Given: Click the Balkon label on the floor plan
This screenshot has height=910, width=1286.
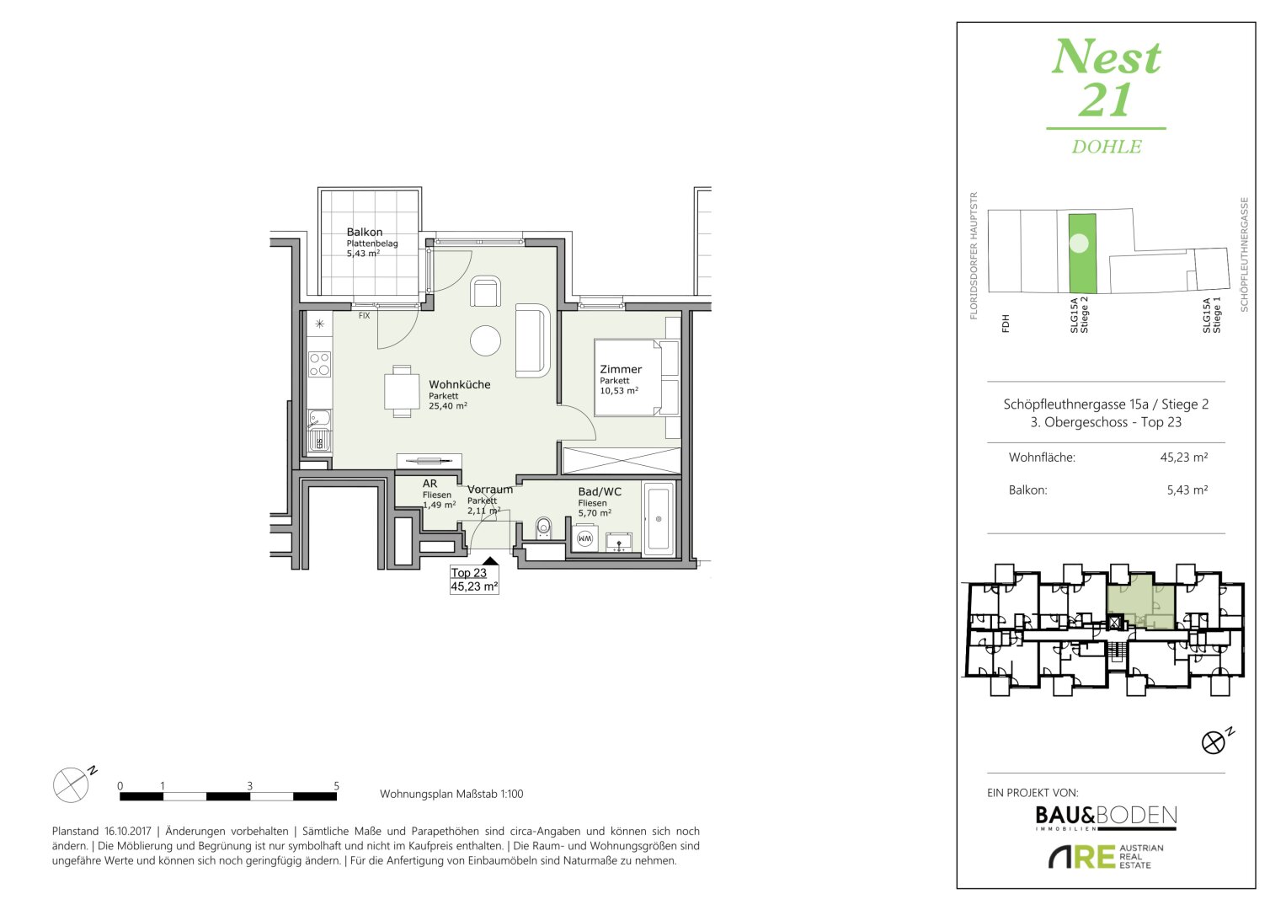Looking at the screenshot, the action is (364, 232).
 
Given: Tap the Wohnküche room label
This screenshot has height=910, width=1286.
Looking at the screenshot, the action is (459, 384).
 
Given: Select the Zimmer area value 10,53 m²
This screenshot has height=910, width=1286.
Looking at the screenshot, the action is (619, 391).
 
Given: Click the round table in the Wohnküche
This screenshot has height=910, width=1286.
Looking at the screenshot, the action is (485, 340).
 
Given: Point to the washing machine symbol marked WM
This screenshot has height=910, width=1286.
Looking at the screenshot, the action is (584, 538).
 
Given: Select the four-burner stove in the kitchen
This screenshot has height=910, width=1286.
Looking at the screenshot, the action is (320, 364).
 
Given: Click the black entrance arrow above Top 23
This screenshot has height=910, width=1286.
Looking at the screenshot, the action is (489, 560).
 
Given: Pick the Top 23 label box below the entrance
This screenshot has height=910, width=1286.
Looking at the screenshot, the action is (474, 580).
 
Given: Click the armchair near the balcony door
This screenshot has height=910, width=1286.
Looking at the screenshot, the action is (485, 292).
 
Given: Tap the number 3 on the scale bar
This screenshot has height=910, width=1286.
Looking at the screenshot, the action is (250, 785).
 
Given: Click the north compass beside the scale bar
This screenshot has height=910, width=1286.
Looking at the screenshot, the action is (71, 784).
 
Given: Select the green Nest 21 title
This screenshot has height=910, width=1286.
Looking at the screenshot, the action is (1106, 78).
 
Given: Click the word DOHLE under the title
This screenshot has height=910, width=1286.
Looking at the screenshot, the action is (1107, 147).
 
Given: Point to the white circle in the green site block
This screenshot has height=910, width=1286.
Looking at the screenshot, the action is (1080, 244).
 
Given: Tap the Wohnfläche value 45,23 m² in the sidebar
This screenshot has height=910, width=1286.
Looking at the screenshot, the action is (1184, 458).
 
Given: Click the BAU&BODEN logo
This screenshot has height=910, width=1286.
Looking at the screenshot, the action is (1106, 816).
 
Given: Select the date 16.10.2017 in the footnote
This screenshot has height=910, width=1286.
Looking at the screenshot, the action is (127, 831).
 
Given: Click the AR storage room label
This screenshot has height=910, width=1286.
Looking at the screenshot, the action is (430, 484).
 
